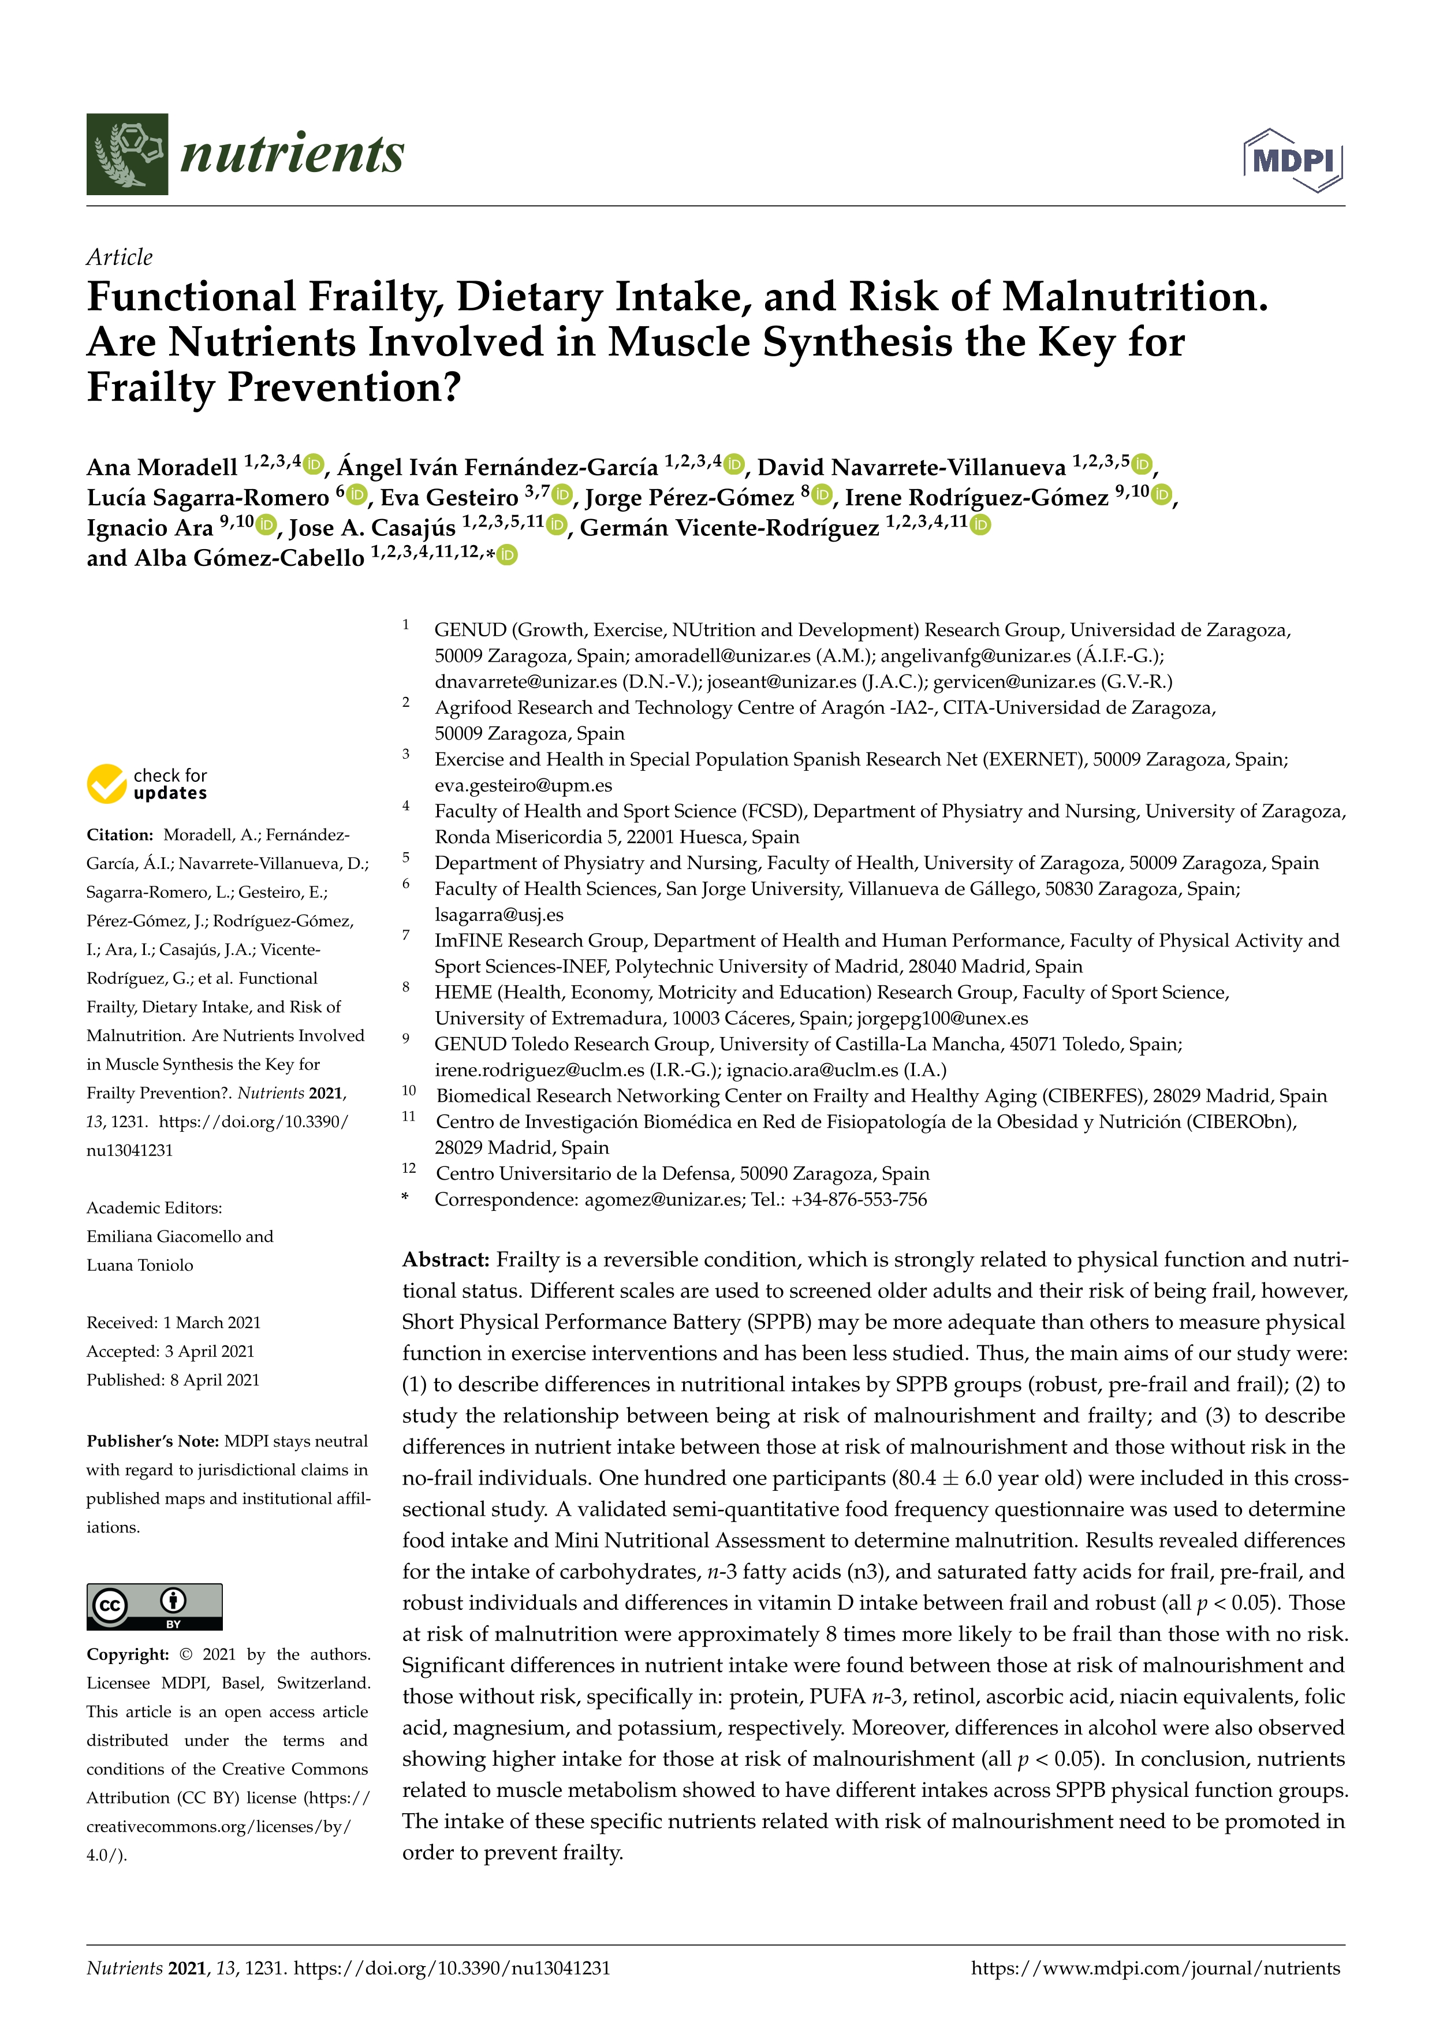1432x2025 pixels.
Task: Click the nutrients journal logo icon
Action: [x=127, y=154]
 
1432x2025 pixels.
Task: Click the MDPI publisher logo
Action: [x=1293, y=161]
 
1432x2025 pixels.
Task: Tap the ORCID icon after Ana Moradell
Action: [x=315, y=464]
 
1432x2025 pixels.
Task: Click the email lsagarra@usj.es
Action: [x=499, y=915]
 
